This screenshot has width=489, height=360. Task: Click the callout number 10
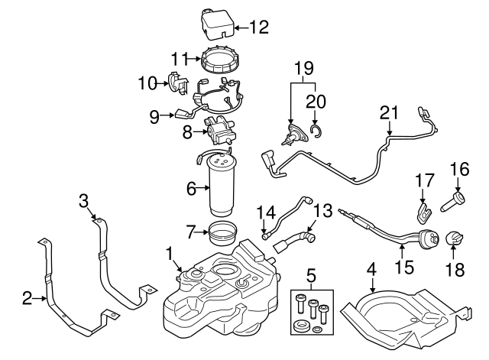click(146, 82)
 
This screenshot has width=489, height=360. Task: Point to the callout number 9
click(155, 117)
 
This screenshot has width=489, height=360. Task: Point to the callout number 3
click(84, 201)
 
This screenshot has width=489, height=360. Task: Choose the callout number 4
click(371, 269)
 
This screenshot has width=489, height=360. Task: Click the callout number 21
click(390, 113)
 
